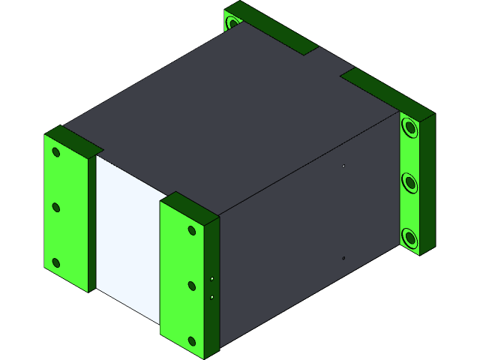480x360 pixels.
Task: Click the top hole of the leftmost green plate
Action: [55, 152]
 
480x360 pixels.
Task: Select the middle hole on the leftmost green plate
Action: [55, 207]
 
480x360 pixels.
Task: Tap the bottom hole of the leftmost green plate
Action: [55, 262]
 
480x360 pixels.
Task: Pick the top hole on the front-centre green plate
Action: [192, 230]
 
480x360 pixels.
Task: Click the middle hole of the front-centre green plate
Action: [192, 286]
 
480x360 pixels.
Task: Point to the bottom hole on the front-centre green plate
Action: [192, 341]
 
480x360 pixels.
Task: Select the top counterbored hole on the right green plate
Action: [409, 128]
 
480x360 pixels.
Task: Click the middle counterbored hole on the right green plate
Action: [409, 182]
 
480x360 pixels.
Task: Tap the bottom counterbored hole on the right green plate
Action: [409, 238]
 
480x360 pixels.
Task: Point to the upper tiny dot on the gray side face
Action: [343, 166]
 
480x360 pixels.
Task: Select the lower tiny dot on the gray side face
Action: [343, 258]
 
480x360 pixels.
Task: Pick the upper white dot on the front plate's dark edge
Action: [212, 278]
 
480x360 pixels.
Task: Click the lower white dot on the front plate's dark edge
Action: [212, 297]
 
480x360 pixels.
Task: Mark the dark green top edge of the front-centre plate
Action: [191, 206]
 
